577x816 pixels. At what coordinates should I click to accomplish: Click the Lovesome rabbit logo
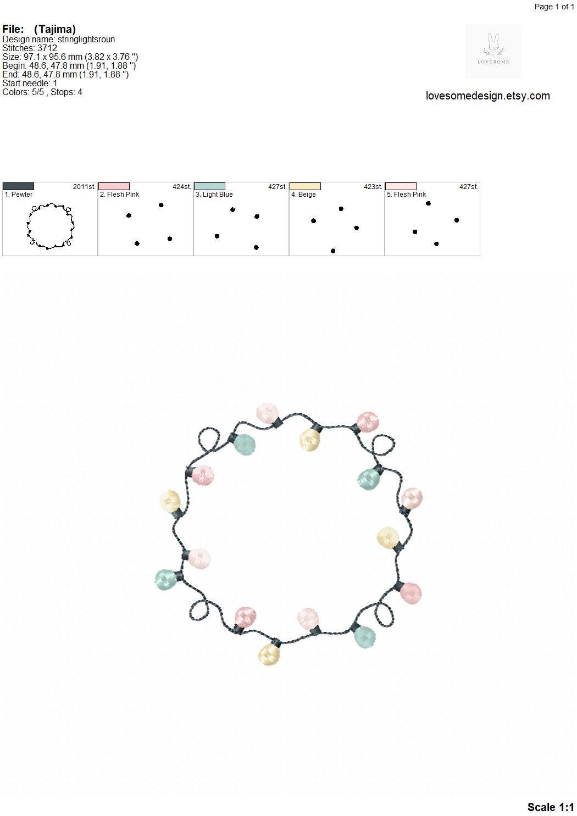point(493,51)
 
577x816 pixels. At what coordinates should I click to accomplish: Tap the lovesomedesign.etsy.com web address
point(488,96)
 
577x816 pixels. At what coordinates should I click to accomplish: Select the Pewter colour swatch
point(18,186)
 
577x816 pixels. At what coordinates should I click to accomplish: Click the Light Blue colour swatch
point(209,186)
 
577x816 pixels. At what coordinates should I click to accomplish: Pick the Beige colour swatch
point(305,186)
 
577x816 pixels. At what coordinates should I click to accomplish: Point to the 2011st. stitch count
point(84,186)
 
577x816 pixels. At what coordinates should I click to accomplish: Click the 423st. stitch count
point(373,186)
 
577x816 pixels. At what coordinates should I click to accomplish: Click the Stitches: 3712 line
point(30,48)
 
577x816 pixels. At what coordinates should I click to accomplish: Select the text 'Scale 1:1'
point(551,807)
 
